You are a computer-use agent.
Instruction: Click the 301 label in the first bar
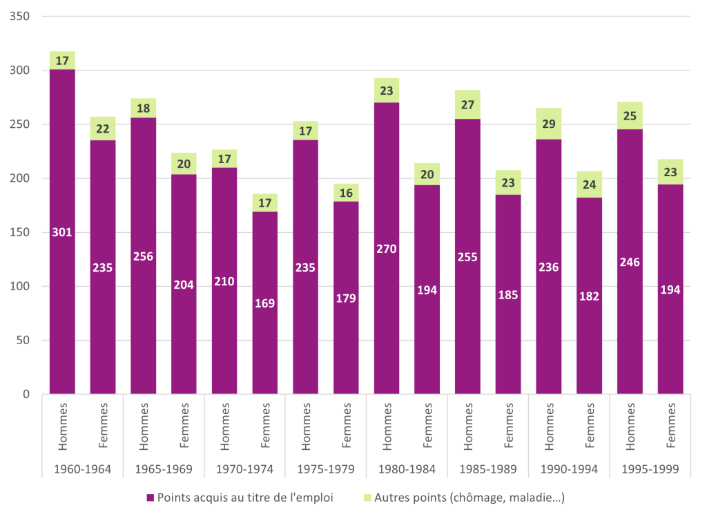coord(62,232)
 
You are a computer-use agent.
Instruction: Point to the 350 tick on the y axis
coord(21,16)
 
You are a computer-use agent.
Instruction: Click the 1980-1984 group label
coord(407,469)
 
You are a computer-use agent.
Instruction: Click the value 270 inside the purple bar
coord(387,249)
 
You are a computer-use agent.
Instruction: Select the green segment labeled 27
coord(467,104)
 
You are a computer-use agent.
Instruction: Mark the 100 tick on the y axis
coord(21,286)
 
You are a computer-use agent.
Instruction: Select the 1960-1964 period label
coord(82,469)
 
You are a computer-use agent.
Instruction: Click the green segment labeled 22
coord(103,129)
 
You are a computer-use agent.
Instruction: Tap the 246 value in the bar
coord(630,262)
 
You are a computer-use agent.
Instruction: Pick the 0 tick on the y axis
coord(26,394)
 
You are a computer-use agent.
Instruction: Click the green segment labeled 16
coord(346,193)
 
